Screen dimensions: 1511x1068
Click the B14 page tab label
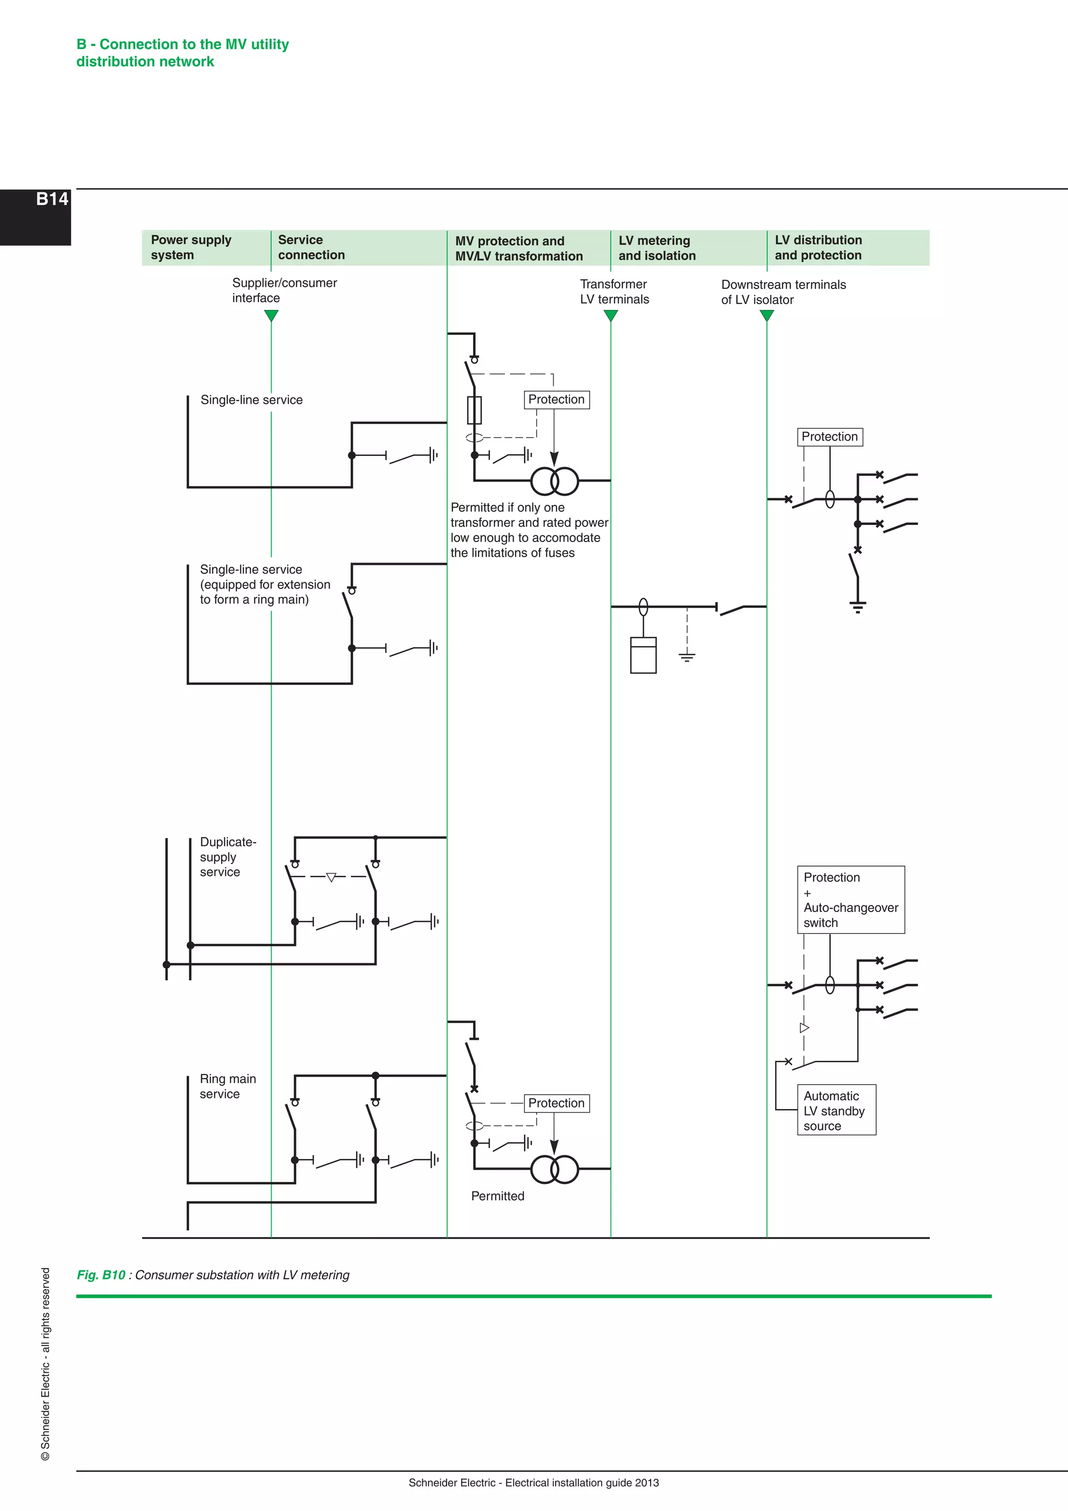pyautogui.click(x=52, y=199)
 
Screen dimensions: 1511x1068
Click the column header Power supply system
pyautogui.click(x=191, y=247)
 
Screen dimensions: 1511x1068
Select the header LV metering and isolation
pyautogui.click(x=657, y=248)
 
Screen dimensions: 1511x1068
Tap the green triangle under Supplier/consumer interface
pyautogui.click(x=271, y=316)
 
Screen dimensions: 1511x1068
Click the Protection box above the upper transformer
pyautogui.click(x=556, y=400)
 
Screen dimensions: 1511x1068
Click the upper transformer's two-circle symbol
pyautogui.click(x=554, y=481)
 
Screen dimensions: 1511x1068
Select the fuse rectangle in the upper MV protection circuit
pyautogui.click(x=474, y=410)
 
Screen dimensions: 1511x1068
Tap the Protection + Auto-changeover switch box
pyautogui.click(x=851, y=900)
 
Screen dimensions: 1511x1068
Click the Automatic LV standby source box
pyautogui.click(x=836, y=1110)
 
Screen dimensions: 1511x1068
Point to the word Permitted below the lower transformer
pyautogui.click(x=498, y=1196)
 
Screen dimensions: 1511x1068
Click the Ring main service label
pyautogui.click(x=227, y=1086)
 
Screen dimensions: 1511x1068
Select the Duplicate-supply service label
pyautogui.click(x=227, y=857)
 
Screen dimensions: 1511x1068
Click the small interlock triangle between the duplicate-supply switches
pyautogui.click(x=332, y=877)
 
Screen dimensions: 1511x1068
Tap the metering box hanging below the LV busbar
pyautogui.click(x=643, y=655)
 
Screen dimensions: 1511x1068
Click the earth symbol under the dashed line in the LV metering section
pyautogui.click(x=687, y=656)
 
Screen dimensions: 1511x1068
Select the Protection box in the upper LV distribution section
pyautogui.click(x=830, y=437)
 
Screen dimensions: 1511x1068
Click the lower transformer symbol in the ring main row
pyautogui.click(x=554, y=1169)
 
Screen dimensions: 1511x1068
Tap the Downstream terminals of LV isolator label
pyautogui.click(x=783, y=292)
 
